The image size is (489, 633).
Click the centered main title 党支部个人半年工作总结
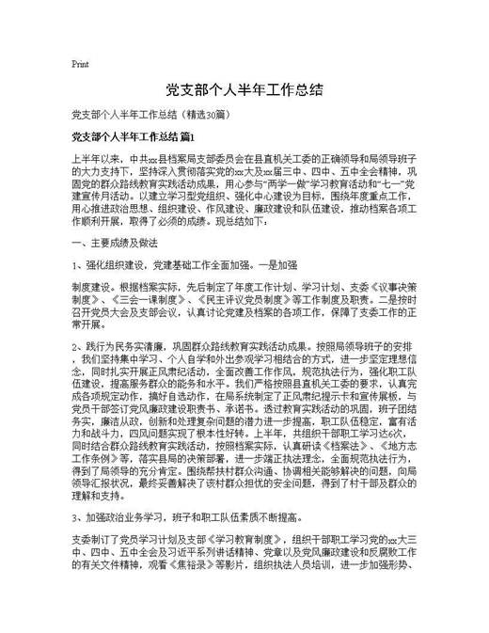point(244,89)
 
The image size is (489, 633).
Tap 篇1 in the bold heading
point(213,137)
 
